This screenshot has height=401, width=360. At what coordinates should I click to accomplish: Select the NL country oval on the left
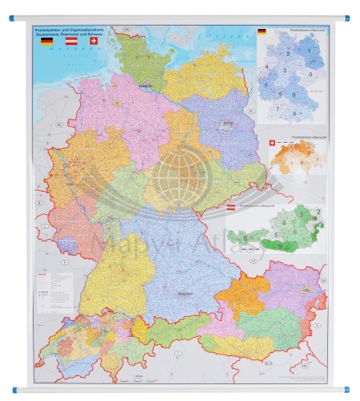(38, 124)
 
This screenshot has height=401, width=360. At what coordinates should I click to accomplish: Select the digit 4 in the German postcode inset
(266, 67)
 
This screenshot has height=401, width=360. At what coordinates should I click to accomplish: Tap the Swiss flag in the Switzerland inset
(273, 142)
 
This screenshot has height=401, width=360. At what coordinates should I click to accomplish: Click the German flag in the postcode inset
(262, 31)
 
